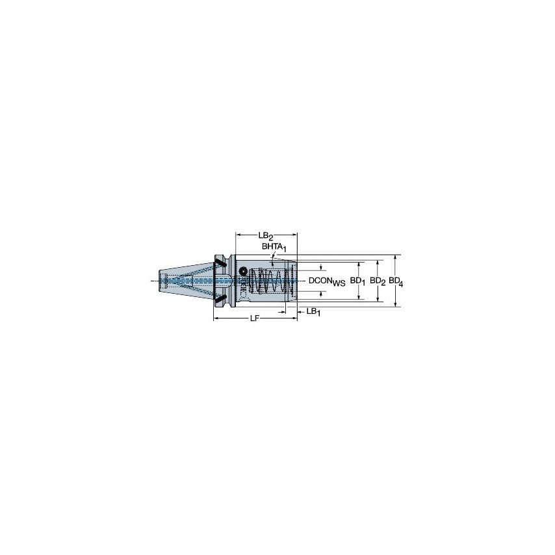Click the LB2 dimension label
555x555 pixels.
coord(266,235)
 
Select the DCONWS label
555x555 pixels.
coord(326,280)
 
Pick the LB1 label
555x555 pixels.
coord(313,312)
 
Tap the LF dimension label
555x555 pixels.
coord(256,319)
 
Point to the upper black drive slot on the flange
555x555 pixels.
coord(220,263)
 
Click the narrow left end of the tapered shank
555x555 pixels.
coord(163,280)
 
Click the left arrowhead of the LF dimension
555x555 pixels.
coord(216,318)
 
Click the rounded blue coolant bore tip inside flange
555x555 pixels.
coord(228,280)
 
